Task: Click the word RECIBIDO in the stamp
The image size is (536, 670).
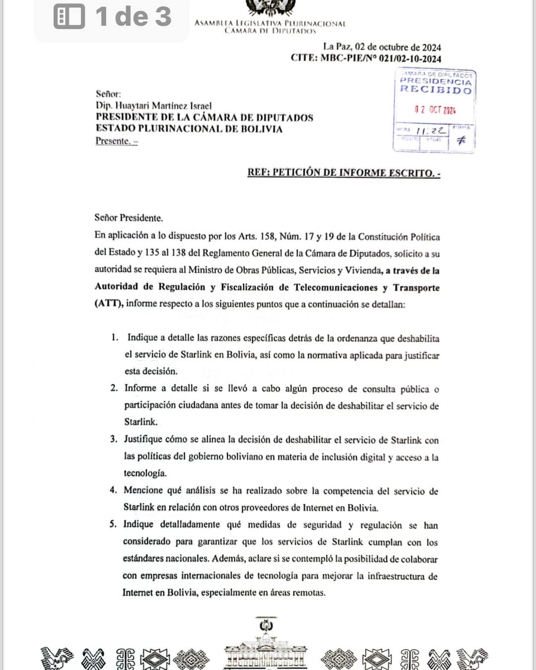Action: (436, 90)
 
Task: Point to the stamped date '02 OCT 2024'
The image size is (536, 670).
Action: (435, 110)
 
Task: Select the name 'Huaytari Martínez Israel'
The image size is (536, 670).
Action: (163, 106)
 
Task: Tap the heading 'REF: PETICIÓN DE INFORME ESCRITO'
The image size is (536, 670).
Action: (343, 173)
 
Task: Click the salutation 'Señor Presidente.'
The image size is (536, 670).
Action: (129, 218)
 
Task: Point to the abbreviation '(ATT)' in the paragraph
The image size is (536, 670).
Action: (108, 303)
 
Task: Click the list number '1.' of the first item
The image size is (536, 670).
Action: (115, 337)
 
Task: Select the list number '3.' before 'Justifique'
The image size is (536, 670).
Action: (114, 439)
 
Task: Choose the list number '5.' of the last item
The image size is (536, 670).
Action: (113, 524)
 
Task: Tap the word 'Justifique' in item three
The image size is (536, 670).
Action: (143, 439)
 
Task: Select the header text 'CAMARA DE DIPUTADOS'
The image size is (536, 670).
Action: (270, 31)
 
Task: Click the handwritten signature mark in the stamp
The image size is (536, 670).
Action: (461, 140)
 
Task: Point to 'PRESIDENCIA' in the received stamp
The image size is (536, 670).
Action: (435, 81)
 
